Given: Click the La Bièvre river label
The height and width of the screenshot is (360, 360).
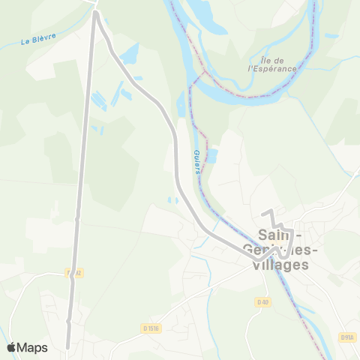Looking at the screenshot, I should (38, 37).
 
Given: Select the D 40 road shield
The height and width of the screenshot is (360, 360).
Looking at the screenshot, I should (262, 302).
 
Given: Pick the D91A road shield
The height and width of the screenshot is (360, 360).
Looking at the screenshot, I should (347, 337).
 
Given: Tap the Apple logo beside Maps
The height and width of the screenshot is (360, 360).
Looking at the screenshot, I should (11, 347).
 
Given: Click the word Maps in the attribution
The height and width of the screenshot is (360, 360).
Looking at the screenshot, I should (32, 347).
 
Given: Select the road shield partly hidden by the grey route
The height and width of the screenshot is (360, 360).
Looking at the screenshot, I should (73, 273).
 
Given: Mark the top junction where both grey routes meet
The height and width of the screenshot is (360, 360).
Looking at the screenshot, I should (95, 13).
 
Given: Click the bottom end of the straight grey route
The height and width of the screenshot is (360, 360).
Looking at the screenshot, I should (68, 347).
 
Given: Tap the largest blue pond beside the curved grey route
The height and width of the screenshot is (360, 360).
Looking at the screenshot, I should (129, 52).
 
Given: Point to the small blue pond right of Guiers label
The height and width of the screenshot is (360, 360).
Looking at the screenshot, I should (211, 156).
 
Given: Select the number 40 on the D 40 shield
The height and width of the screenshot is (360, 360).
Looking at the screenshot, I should (265, 302).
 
